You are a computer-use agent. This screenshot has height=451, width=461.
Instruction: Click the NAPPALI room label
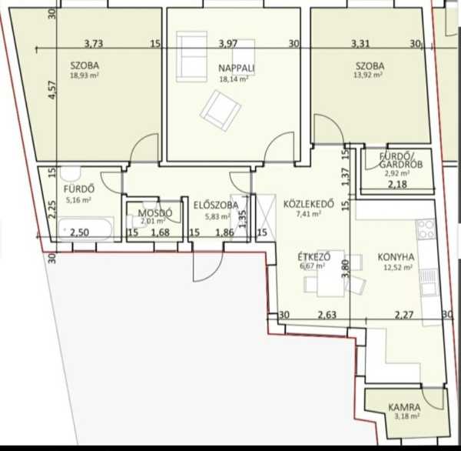pyautogui.click(x=237, y=68)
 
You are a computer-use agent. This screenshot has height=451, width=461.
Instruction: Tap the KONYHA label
pyautogui.click(x=396, y=257)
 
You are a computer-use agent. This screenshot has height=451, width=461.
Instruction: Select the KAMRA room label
pyautogui.click(x=404, y=408)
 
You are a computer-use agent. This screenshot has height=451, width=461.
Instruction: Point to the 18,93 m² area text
pyautogui.click(x=84, y=75)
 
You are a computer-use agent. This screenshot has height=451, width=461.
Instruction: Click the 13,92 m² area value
pyautogui.click(x=368, y=75)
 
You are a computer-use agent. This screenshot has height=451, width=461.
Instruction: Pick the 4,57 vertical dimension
pyautogui.click(x=52, y=90)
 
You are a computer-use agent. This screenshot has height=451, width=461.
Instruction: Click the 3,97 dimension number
pyautogui.click(x=228, y=44)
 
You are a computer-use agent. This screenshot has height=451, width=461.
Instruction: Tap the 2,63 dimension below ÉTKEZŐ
pyautogui.click(x=327, y=315)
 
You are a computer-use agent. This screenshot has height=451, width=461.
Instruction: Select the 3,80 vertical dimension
pyautogui.click(x=346, y=268)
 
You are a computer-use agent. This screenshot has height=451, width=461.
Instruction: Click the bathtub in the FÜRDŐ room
pyautogui.click(x=85, y=229)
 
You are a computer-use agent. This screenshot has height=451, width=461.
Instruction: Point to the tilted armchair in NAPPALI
pyautogui.click(x=221, y=111)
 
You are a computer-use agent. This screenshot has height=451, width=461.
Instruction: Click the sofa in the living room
pyautogui.click(x=191, y=56)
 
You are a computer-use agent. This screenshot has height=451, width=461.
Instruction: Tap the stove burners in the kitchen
pyautogui.click(x=426, y=229)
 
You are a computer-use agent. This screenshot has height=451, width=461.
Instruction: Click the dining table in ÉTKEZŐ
pyautogui.click(x=330, y=273)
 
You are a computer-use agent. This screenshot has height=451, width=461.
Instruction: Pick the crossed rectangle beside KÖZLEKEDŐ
pyautogui.click(x=266, y=218)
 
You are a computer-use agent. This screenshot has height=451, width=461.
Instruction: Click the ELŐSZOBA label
pyautogui.click(x=216, y=205)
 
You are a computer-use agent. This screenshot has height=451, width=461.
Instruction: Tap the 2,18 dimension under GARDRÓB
pyautogui.click(x=397, y=185)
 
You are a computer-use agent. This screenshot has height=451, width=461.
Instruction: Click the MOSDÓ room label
pyautogui.click(x=155, y=213)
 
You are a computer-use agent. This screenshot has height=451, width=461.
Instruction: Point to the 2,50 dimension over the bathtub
pyautogui.click(x=79, y=232)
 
